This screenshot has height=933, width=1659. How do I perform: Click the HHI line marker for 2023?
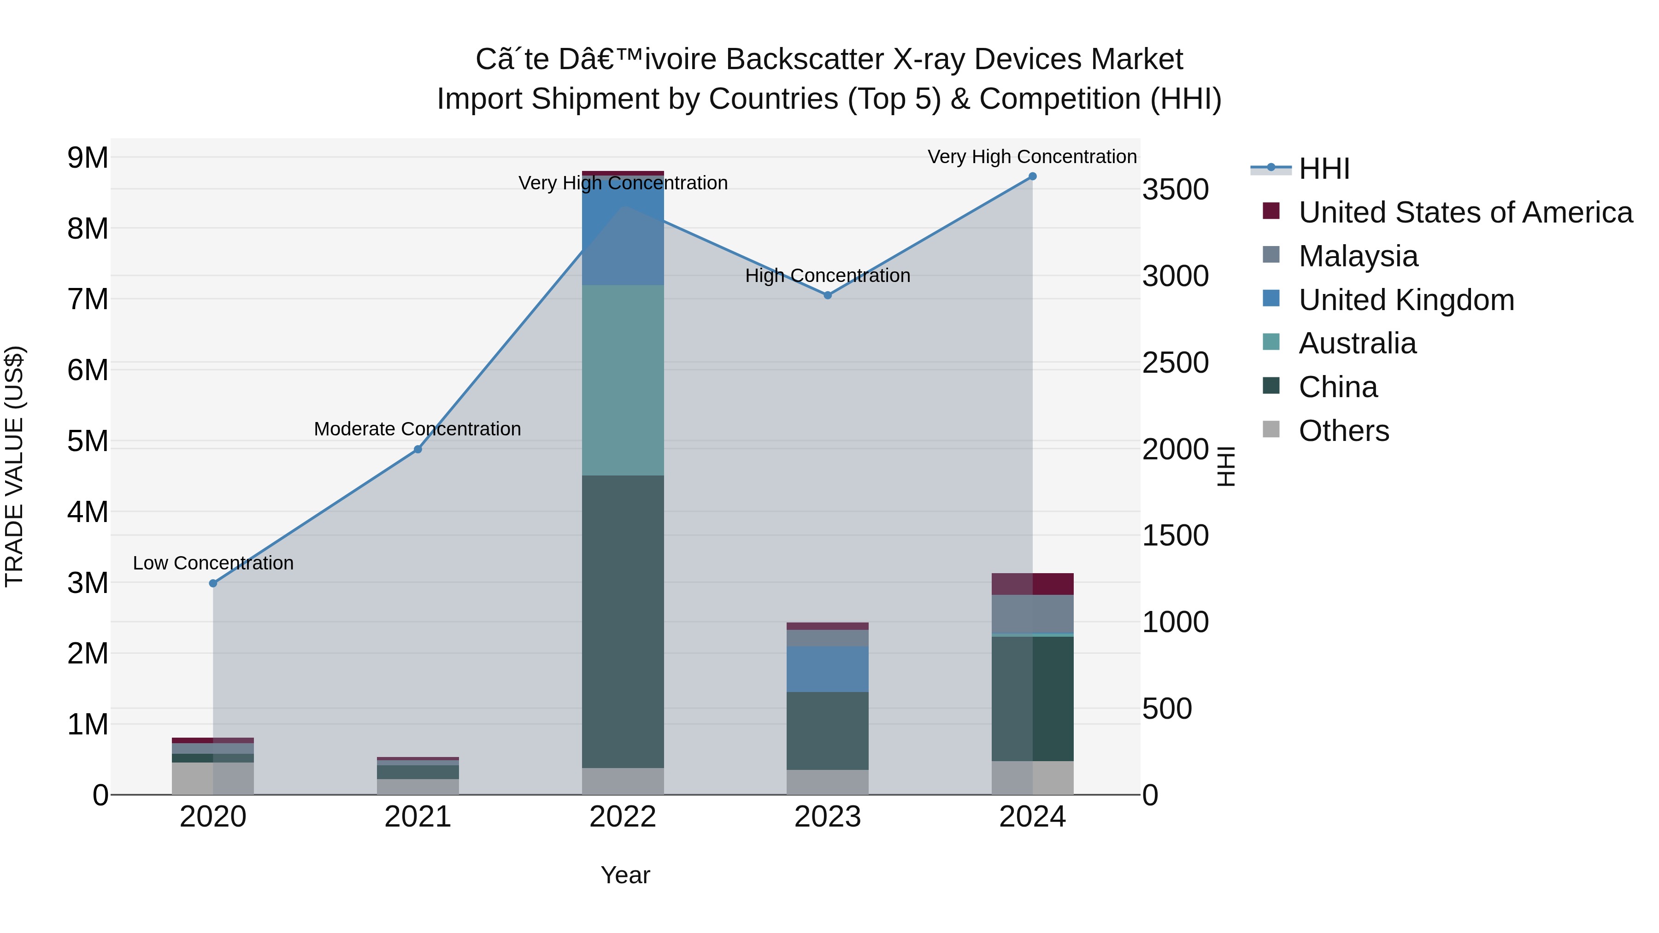828,295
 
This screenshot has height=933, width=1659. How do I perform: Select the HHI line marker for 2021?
418,449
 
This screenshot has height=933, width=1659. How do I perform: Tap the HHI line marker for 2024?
1032,176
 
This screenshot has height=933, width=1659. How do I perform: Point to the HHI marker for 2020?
213,583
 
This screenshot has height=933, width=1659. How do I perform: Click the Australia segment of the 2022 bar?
623,380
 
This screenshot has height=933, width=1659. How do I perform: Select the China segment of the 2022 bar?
623,622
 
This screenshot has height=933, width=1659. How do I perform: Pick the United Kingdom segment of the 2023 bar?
828,669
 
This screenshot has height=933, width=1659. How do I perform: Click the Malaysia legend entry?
1358,256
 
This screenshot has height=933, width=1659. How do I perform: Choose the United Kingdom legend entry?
1406,300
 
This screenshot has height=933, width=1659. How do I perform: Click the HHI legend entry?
1324,169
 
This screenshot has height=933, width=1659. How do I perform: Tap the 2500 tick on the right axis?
1175,363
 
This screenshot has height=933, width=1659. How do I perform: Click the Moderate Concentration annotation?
418,429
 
